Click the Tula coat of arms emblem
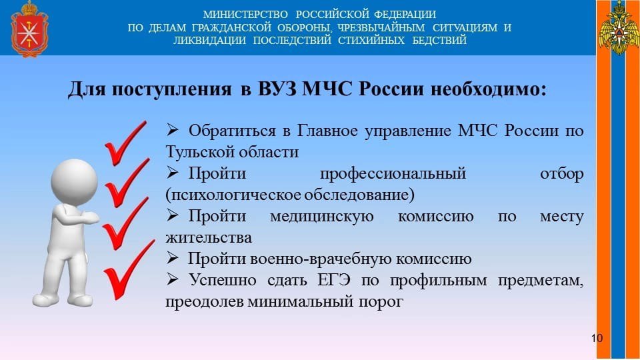tap(29, 29)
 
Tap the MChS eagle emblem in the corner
tap(619, 28)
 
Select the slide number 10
tap(596, 338)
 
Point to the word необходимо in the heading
tap(488, 89)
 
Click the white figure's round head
tap(74, 181)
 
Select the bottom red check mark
tap(128, 271)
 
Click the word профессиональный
tap(393, 174)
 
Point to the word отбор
tap(561, 173)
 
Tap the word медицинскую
tap(321, 216)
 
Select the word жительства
tap(209, 237)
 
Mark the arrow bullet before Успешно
tap(172, 279)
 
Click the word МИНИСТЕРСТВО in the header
tap(245, 15)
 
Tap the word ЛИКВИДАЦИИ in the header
tap(209, 41)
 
